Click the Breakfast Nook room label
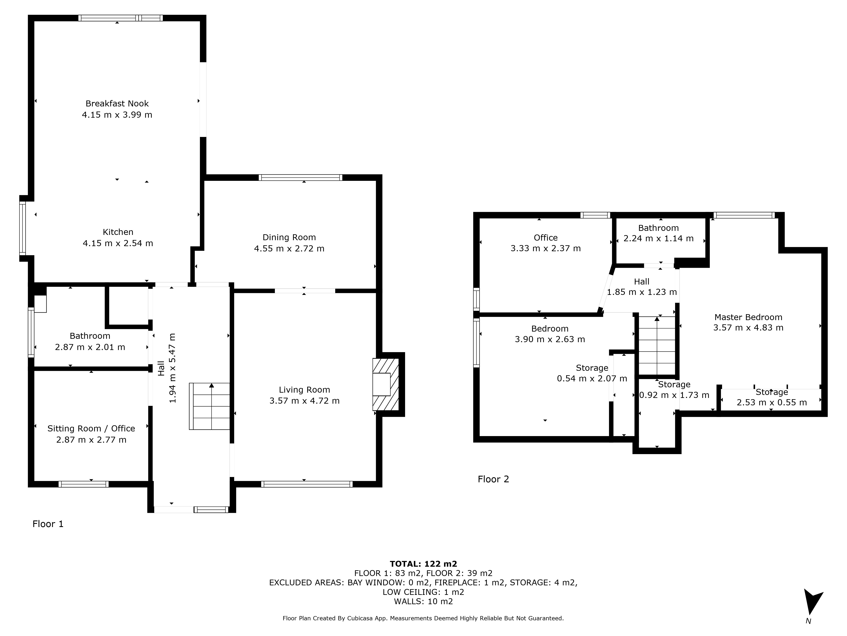pyautogui.click(x=117, y=103)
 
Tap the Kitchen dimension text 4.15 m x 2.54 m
pyautogui.click(x=118, y=243)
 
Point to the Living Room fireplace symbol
pyautogui.click(x=386, y=385)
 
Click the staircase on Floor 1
pyautogui.click(x=209, y=406)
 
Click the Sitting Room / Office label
pyautogui.click(x=91, y=429)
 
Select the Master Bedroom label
pyautogui.click(x=748, y=317)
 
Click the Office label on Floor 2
pyautogui.click(x=546, y=238)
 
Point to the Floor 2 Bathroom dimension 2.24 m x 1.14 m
pyautogui.click(x=659, y=238)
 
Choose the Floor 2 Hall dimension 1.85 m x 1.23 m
pyautogui.click(x=642, y=292)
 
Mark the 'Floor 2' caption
pyautogui.click(x=493, y=479)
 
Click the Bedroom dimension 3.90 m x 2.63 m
pyautogui.click(x=550, y=339)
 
